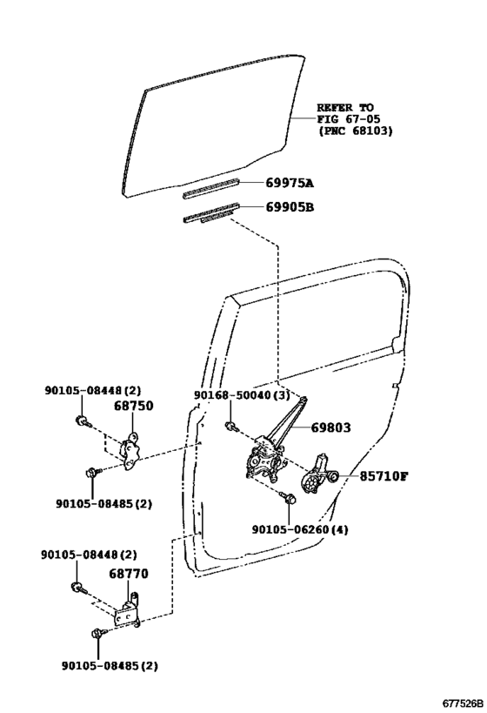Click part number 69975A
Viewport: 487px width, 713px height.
tap(290, 183)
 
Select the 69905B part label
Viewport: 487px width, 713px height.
tap(290, 207)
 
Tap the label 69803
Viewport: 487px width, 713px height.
tap(330, 427)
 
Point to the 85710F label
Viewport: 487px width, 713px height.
tap(384, 476)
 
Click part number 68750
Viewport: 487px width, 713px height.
tap(134, 406)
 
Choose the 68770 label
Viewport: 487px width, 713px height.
tap(129, 574)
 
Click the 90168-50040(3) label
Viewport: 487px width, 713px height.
tap(242, 394)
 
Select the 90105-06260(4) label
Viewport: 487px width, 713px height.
tap(300, 530)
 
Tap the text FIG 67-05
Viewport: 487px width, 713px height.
tap(349, 119)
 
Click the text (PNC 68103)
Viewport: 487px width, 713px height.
tap(355, 131)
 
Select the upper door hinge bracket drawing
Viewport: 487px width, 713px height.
tap(130, 451)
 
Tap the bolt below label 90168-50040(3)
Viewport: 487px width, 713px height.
tap(231, 426)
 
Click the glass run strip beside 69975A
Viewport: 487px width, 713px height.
tap(210, 189)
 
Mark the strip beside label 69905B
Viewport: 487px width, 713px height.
tap(210, 213)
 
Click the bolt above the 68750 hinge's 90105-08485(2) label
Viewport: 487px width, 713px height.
tap(93, 472)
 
